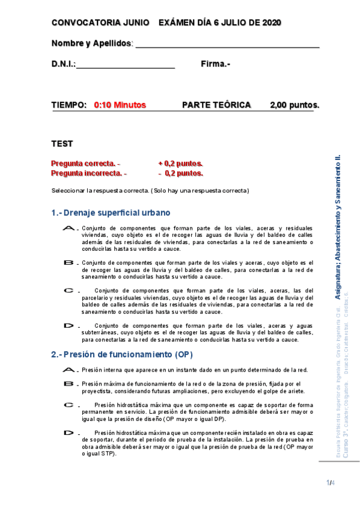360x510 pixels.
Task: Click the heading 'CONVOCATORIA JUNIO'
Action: (100, 22)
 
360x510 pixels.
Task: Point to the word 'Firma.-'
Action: (216, 64)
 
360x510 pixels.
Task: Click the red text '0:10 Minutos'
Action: (120, 105)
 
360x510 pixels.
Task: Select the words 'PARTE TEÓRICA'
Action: (216, 105)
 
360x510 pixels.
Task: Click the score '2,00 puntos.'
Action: (294, 105)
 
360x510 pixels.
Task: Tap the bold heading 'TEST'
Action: (62, 144)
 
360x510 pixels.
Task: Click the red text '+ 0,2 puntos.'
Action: (180, 164)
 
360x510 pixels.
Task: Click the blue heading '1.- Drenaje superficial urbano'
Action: (111, 212)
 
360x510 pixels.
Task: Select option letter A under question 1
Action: (69, 229)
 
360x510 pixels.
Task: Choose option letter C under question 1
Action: (69, 290)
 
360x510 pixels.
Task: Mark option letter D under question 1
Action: (69, 325)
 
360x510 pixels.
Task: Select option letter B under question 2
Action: (69, 383)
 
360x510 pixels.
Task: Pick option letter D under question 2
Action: (69, 432)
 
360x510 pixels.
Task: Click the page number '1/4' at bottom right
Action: (330, 483)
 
